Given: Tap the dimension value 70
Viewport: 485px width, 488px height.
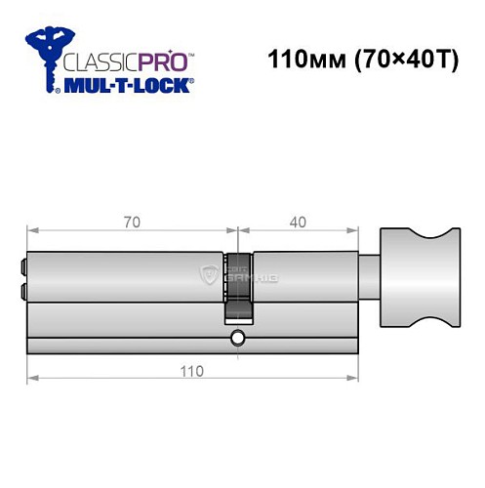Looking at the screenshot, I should tap(131, 223).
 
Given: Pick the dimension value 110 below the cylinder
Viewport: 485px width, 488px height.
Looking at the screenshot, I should tap(191, 371).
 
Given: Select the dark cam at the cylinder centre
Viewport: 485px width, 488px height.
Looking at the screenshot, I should tap(237, 288).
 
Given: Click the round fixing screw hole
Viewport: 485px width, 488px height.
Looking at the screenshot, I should tap(237, 339).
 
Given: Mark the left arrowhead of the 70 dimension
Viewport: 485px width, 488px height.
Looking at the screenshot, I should tap(30, 232).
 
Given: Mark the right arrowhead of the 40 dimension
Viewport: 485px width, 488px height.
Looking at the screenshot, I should tap(372, 232).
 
